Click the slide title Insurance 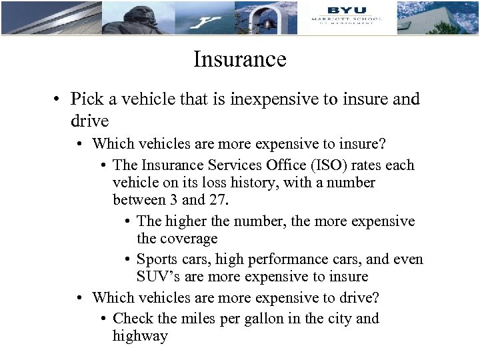point(239,60)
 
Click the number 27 point(221,199)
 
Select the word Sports point(159,259)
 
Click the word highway point(140,336)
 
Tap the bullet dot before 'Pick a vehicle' point(59,100)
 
